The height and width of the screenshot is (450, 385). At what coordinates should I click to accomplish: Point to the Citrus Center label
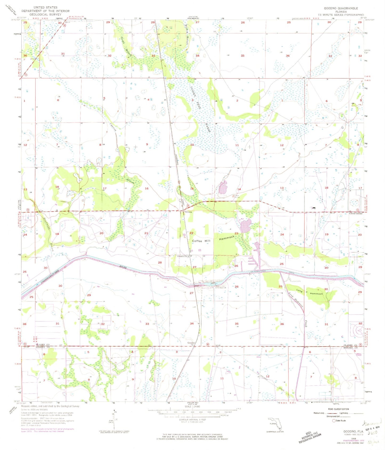pos(356,213)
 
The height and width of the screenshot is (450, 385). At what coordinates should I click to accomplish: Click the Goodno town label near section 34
pos(191,343)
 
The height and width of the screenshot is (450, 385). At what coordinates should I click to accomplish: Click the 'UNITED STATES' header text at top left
pos(45,7)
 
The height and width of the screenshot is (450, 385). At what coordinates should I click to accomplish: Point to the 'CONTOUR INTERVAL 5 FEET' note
pos(192,420)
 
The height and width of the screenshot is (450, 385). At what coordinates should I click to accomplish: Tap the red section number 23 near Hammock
pos(236,233)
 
